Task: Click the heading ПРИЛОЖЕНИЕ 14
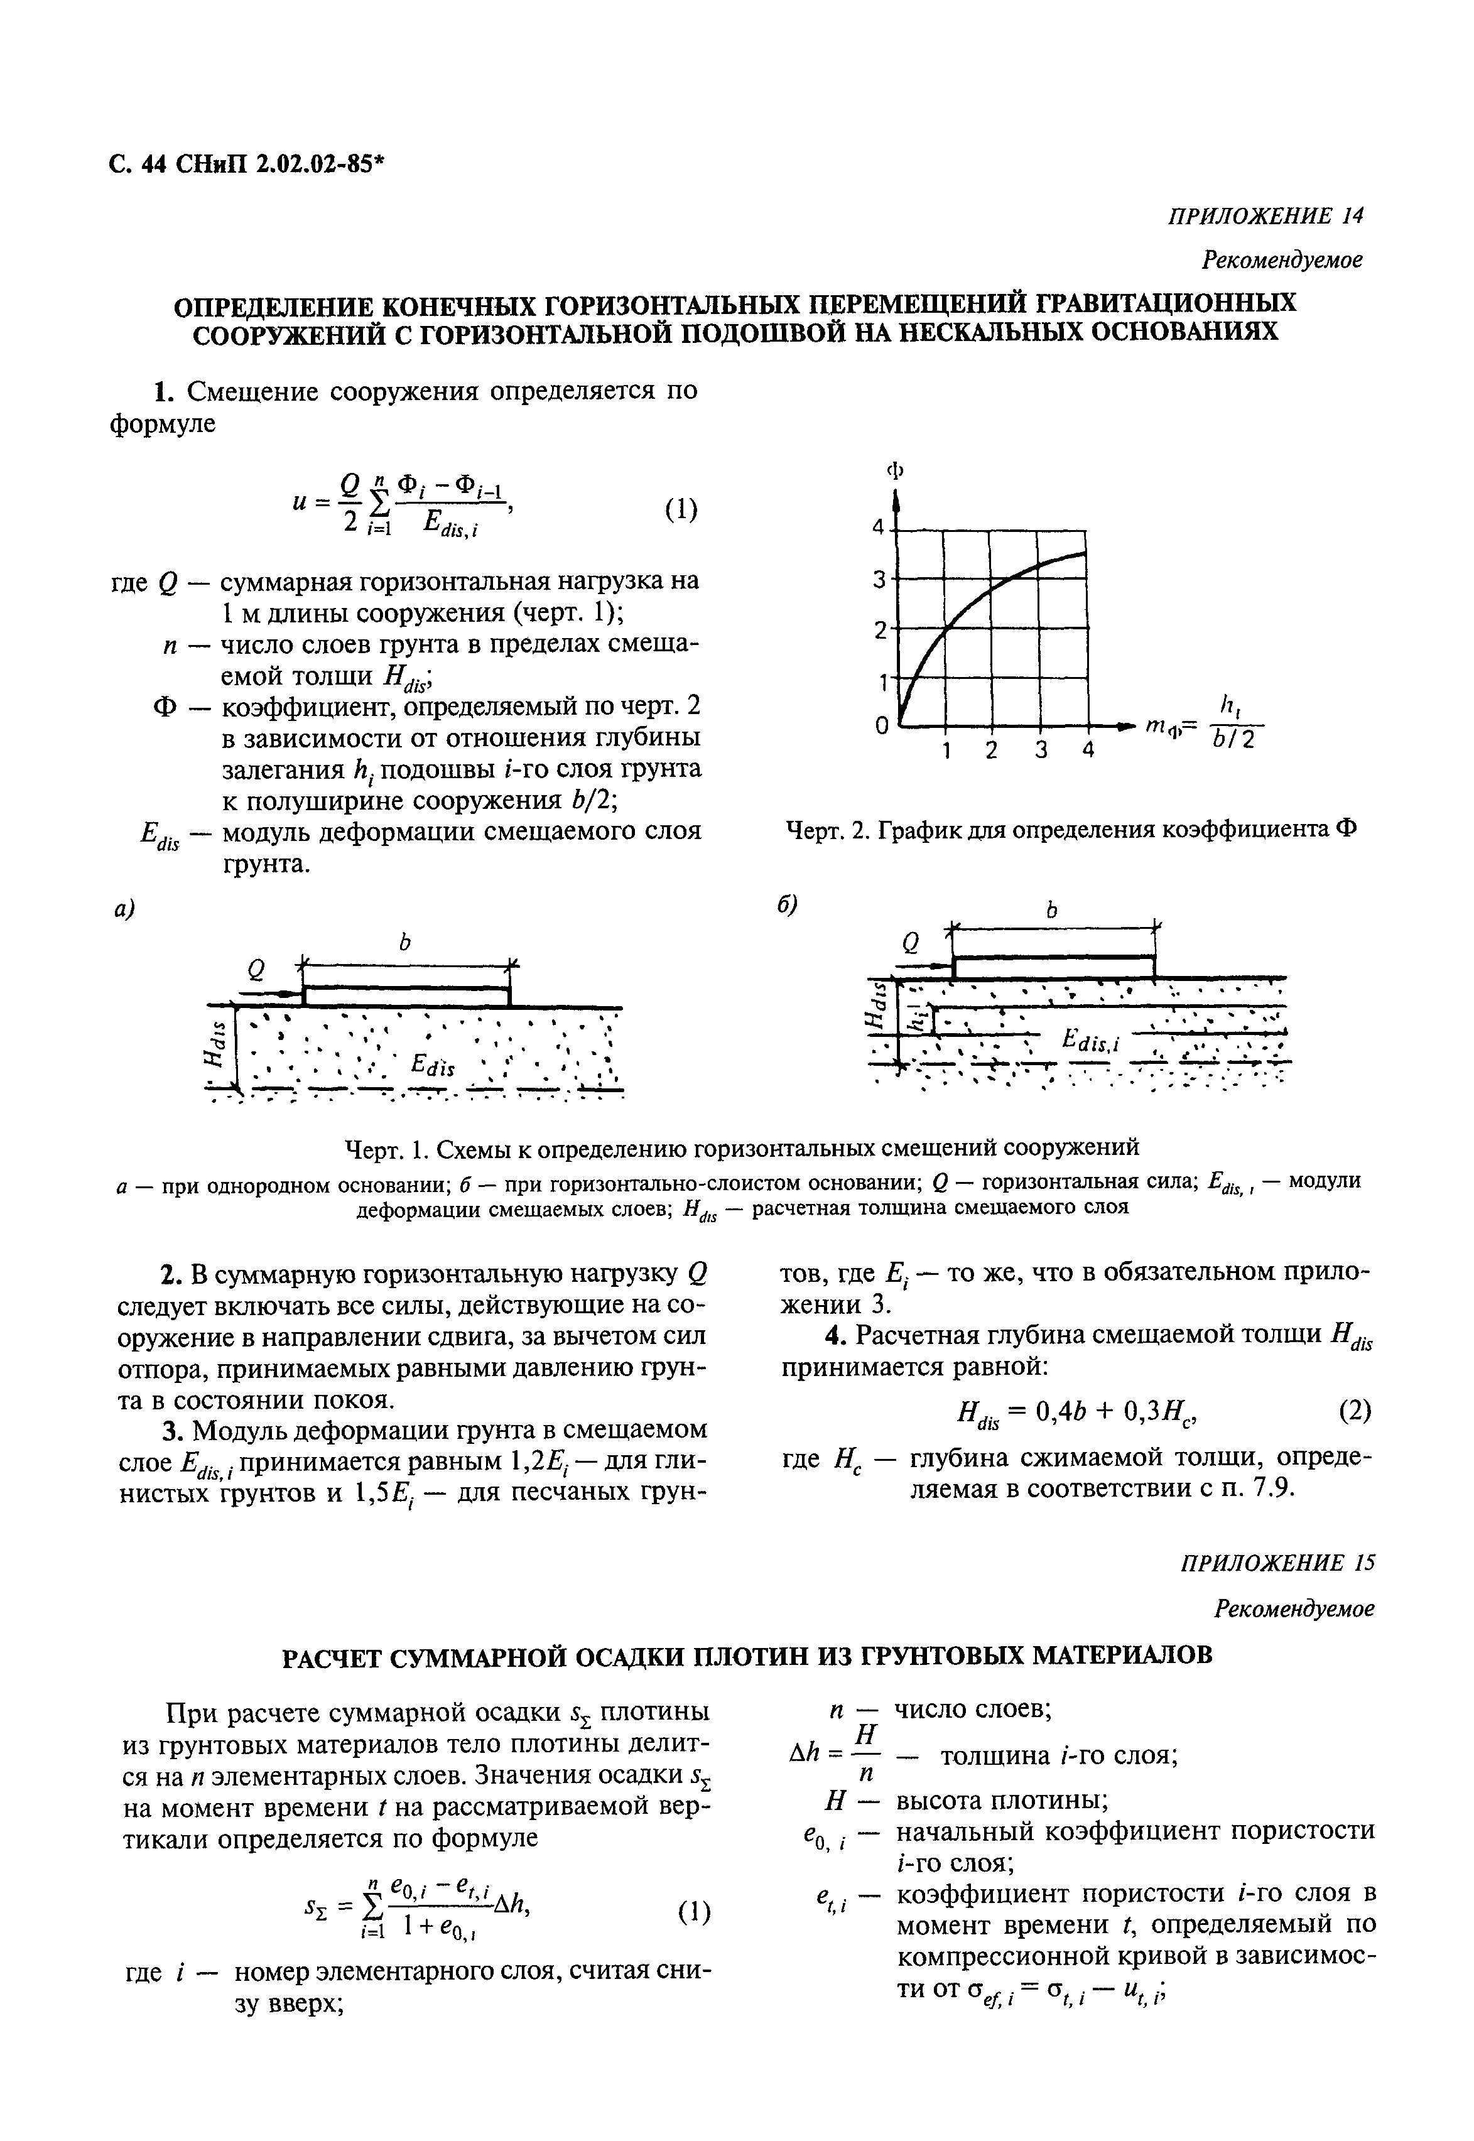(x=1265, y=215)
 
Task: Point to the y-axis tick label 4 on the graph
(x=879, y=528)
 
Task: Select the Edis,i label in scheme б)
(x=1090, y=1041)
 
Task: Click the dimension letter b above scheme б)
(x=1050, y=911)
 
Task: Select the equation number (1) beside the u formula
(x=681, y=509)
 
